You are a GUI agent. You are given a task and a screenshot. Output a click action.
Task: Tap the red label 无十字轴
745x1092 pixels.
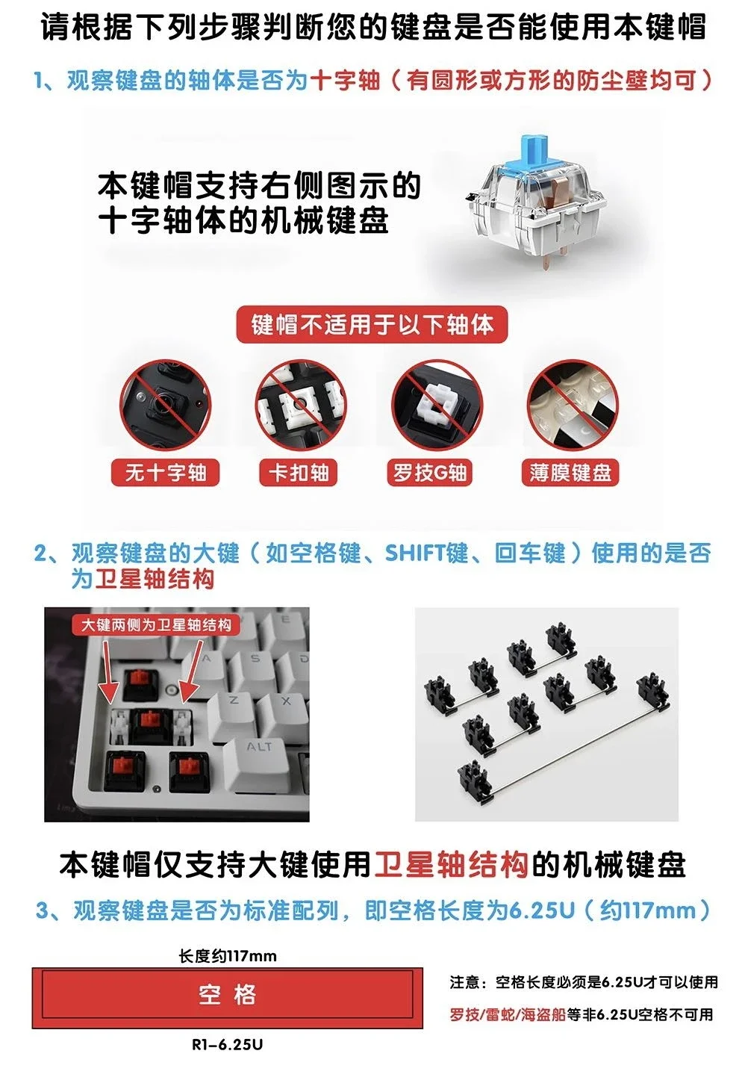click(165, 472)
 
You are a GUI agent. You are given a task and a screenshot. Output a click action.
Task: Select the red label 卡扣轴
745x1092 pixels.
click(298, 472)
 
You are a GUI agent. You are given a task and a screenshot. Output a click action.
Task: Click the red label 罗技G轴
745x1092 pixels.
click(430, 472)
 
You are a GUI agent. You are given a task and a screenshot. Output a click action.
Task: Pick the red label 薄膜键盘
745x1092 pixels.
click(570, 472)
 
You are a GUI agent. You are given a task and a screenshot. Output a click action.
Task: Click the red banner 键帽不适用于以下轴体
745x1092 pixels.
click(372, 325)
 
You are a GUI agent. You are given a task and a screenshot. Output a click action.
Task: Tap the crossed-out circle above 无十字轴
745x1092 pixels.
click(166, 405)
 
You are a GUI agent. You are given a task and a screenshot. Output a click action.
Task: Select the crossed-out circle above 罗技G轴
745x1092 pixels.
click(437, 405)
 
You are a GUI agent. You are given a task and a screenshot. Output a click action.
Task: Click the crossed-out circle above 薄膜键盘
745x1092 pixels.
click(573, 405)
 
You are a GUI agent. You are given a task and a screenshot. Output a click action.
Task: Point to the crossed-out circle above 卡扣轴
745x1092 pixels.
click(301, 405)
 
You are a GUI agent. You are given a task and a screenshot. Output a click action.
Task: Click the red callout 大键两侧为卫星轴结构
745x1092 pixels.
click(156, 625)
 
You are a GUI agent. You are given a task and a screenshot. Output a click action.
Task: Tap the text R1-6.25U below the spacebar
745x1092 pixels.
click(227, 1045)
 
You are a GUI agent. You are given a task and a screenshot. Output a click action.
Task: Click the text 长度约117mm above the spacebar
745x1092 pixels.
click(228, 955)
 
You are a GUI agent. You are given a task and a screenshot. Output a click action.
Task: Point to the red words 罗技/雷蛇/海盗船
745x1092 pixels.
click(507, 1015)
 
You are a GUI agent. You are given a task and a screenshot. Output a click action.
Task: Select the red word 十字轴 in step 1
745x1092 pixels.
click(344, 80)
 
